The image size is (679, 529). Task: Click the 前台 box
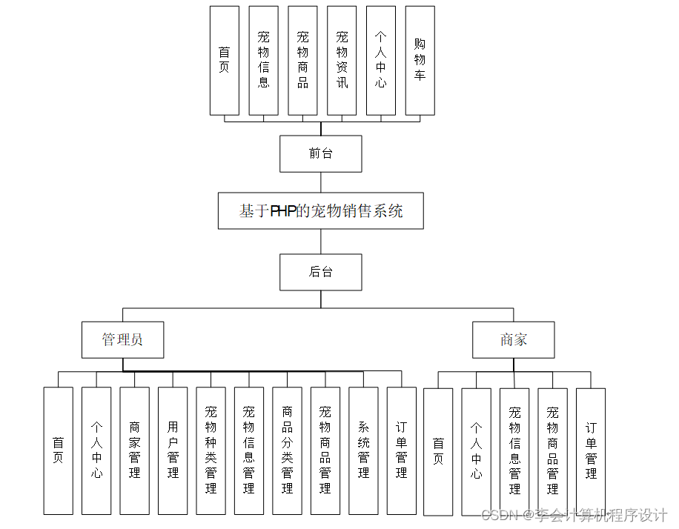tap(320, 153)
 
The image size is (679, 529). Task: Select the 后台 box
tap(320, 272)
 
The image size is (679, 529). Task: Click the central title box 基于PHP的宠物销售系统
tap(320, 211)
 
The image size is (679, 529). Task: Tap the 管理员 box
tap(122, 340)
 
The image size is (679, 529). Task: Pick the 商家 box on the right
tap(513, 340)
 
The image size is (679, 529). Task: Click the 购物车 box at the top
tap(420, 61)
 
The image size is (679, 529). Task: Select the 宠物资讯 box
tap(342, 61)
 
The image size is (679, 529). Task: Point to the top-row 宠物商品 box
tap(302, 61)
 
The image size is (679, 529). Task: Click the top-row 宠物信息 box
tap(263, 61)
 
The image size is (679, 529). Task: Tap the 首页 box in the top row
tap(224, 61)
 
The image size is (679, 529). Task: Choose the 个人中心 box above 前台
tap(380, 61)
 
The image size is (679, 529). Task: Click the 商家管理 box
tap(134, 450)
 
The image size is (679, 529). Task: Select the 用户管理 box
tap(173, 450)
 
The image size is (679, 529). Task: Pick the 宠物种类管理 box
tap(211, 450)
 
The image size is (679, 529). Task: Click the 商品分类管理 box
tap(287, 450)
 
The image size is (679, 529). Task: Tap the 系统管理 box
tap(363, 450)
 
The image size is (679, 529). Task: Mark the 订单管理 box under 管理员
tap(401, 450)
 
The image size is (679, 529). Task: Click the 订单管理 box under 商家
tap(590, 450)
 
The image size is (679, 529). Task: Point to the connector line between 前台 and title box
tap(320, 182)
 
